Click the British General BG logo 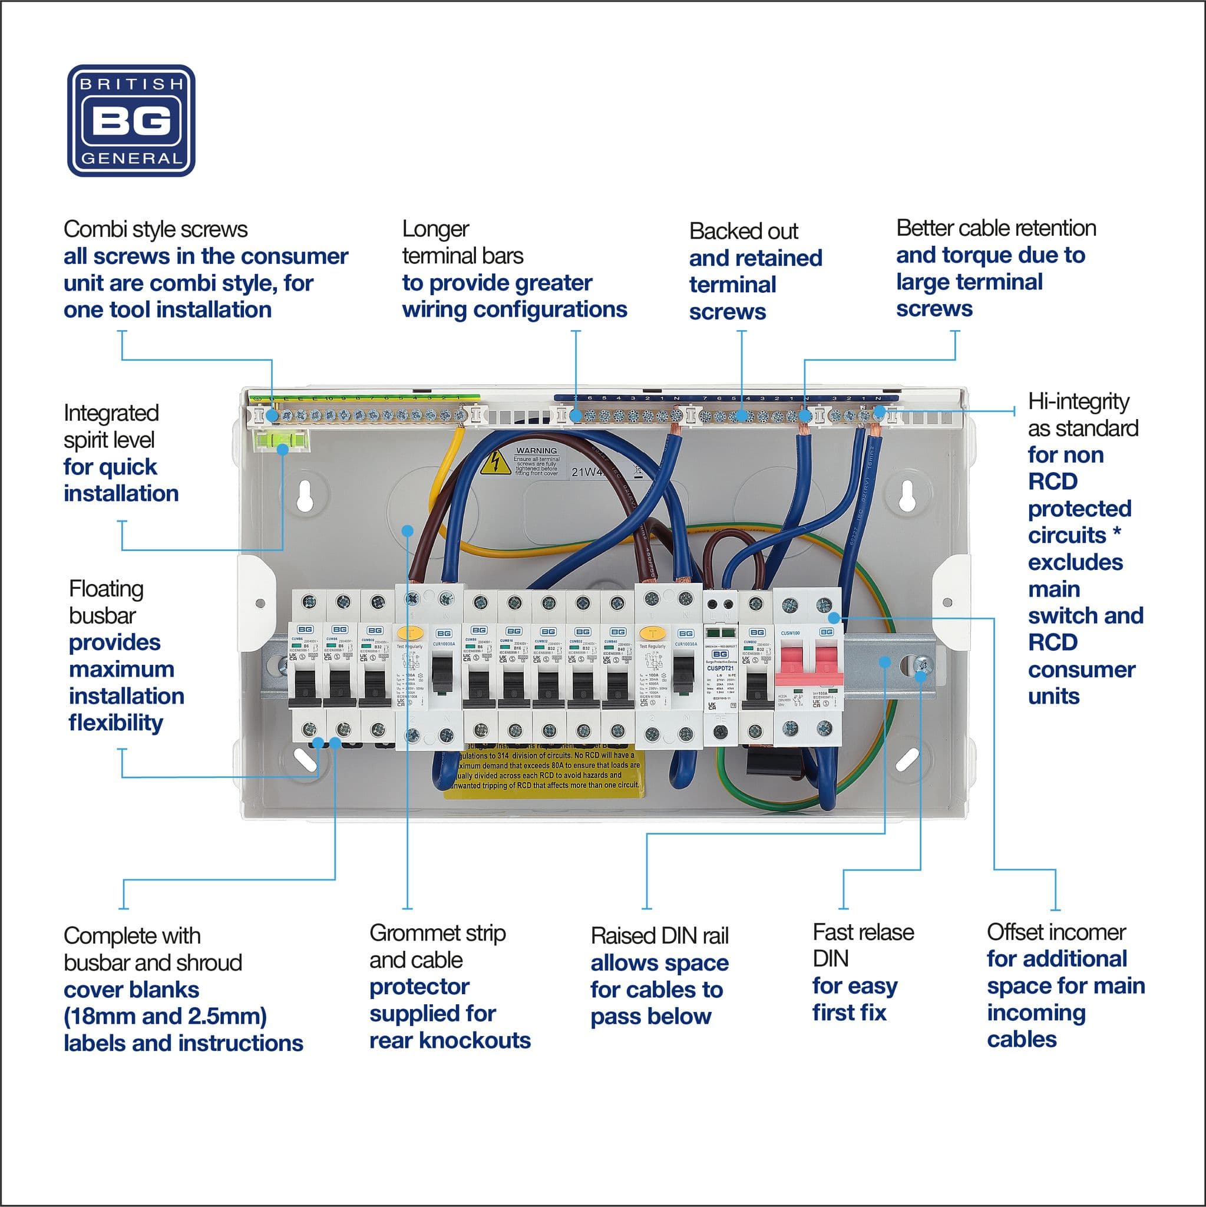[131, 121]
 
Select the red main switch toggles [809, 665]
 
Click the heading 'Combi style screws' [156, 229]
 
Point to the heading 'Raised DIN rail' [659, 936]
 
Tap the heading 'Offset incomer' [1056, 932]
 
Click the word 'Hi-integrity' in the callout [1078, 402]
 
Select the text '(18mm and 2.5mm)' [166, 1017]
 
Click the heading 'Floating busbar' [106, 602]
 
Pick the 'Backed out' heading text [743, 231]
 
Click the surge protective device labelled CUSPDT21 [720, 668]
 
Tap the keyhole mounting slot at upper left [304, 496]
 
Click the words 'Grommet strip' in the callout [437, 934]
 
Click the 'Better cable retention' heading [996, 228]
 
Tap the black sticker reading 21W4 [587, 471]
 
